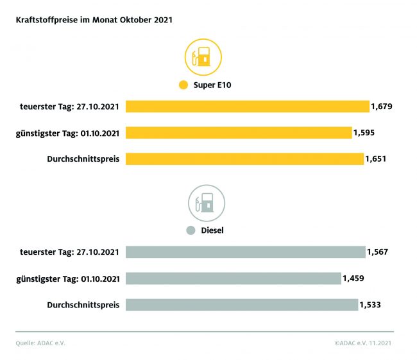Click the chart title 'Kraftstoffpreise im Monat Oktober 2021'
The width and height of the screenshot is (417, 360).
tap(94, 20)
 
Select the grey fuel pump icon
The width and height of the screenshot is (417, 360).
tap(206, 203)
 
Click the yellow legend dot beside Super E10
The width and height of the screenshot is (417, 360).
tap(183, 85)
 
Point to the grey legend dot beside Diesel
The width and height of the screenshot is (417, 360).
tap(190, 230)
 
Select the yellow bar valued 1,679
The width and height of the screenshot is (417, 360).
tap(247, 107)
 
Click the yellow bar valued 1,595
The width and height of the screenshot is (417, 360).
tap(239, 133)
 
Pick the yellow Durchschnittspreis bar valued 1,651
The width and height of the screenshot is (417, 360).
tap(244, 159)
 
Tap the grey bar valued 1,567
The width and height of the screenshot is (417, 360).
tap(245, 252)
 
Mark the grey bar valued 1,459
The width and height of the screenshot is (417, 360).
tap(233, 279)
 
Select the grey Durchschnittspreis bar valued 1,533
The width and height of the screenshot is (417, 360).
tap(242, 304)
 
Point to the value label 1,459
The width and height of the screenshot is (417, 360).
tap(354, 279)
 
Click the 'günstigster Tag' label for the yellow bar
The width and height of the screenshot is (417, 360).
tap(67, 133)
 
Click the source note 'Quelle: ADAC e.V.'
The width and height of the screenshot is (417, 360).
tap(40, 343)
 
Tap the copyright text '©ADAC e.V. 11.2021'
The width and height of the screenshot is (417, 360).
tap(363, 343)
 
